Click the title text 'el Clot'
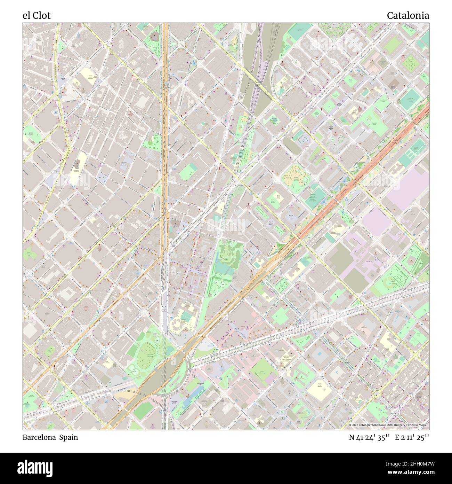tap(37, 15)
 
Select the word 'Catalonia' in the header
tap(407, 15)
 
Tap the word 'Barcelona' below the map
tap(40, 437)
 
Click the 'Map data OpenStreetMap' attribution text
tap(372, 425)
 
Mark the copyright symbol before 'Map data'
tap(350, 425)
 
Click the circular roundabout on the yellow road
tap(377, 394)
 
